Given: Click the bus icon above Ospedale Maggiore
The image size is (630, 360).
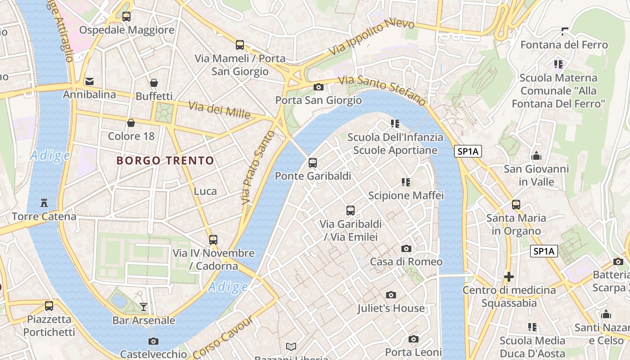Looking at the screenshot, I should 126,17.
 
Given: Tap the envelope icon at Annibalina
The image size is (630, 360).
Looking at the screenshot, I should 90,81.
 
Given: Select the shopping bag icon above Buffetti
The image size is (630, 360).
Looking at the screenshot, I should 154,83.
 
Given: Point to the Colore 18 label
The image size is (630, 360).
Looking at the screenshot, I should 131,136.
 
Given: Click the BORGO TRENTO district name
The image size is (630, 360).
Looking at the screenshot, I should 165,161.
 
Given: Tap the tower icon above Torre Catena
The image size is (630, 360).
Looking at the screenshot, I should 44,203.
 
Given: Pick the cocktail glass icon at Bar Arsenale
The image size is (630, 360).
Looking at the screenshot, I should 144,307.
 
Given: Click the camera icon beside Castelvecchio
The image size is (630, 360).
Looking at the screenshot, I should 153,341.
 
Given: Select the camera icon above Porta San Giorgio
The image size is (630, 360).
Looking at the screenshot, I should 319,87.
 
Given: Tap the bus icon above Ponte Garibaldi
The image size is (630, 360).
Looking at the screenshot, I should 313,163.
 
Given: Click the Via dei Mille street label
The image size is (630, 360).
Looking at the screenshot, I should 219,110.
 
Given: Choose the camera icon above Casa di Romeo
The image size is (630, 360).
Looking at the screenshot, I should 406,248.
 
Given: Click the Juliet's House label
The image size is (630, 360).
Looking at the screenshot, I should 391,308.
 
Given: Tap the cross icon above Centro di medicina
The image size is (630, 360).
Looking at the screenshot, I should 509,276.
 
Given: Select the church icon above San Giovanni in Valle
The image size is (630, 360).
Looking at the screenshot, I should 536,156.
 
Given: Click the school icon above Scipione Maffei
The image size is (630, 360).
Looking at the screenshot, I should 406,182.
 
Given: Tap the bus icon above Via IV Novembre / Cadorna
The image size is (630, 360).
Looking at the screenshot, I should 213,240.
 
